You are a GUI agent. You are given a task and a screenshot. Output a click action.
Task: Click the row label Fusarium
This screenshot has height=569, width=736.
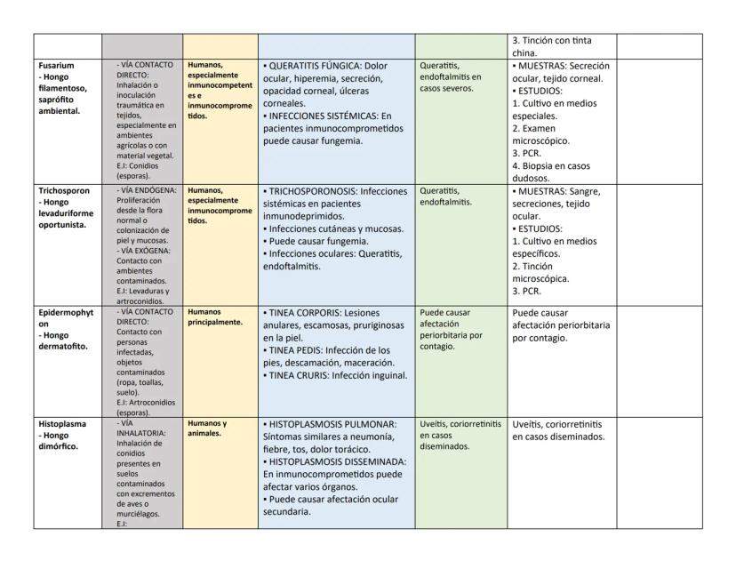pos(55,66)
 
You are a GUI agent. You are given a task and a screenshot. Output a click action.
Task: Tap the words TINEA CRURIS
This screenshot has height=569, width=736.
pos(299,375)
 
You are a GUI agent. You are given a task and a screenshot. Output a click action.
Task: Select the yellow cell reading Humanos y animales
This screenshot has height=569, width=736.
pos(207,429)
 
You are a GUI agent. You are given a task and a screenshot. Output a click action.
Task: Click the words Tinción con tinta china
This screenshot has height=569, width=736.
pos(551,46)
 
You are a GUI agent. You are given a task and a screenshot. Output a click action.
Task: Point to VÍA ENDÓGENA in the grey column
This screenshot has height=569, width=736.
pos(148,190)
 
